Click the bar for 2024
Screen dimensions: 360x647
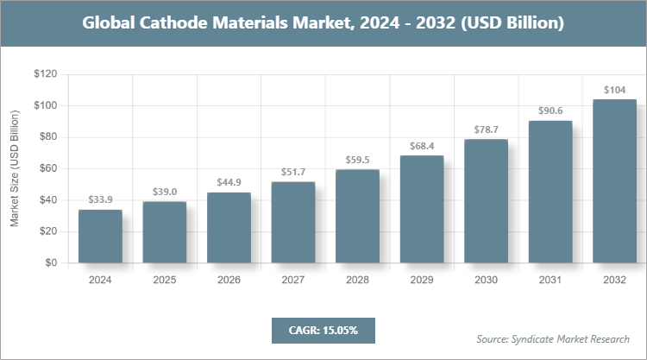(x=100, y=237)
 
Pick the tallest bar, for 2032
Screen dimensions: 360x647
(x=614, y=181)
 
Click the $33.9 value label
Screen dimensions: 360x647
(x=100, y=200)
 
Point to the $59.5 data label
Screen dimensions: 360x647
(x=357, y=160)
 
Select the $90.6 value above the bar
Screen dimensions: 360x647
(x=550, y=111)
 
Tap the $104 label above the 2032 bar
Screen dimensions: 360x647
(x=614, y=90)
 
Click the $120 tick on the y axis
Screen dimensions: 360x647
(x=45, y=74)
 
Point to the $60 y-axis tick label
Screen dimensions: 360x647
(x=47, y=168)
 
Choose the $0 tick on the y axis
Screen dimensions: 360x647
(x=51, y=262)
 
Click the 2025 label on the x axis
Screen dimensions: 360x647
(x=165, y=280)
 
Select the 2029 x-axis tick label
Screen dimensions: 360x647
(x=422, y=280)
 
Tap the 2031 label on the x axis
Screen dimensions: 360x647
(x=550, y=280)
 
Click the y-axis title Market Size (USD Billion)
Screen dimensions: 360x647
(x=15, y=169)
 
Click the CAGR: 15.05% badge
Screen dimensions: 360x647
(x=323, y=330)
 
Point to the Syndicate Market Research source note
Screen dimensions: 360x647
(x=553, y=338)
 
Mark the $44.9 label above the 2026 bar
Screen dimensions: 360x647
(x=229, y=183)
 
